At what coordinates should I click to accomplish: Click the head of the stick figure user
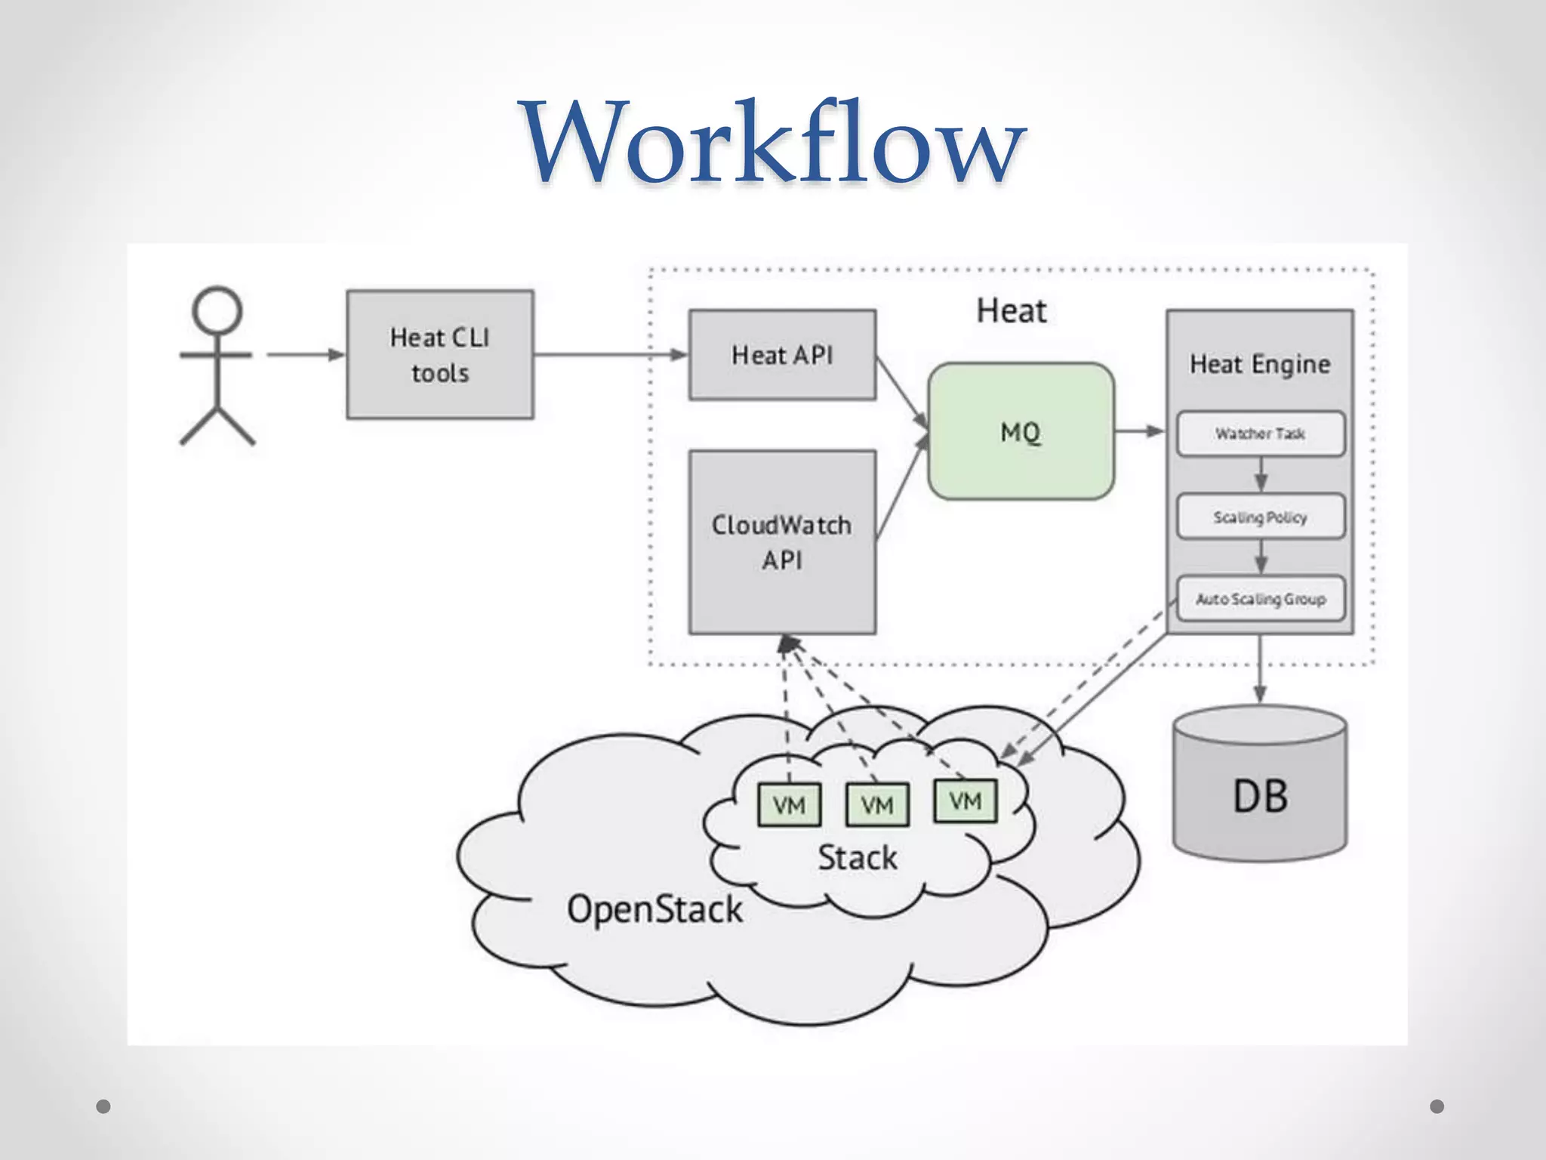(x=217, y=310)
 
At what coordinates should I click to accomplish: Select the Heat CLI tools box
(x=440, y=354)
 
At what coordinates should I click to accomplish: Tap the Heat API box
(x=782, y=354)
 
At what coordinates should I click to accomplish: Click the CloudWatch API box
(x=782, y=541)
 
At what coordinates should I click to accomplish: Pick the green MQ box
(x=1021, y=431)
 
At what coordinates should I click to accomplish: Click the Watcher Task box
(x=1260, y=433)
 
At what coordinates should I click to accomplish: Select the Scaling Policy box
(x=1260, y=517)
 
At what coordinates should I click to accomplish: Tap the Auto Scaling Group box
(x=1260, y=599)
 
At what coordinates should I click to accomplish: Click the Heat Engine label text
(x=1260, y=364)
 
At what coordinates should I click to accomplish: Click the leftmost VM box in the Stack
(x=789, y=805)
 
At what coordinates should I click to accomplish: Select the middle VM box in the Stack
(x=877, y=805)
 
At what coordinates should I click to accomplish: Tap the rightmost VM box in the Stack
(x=965, y=801)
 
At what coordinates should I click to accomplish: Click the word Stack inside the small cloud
(x=858, y=858)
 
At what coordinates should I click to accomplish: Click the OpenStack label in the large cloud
(x=654, y=909)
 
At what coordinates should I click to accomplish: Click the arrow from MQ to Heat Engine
(x=1139, y=431)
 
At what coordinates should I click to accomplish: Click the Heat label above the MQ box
(x=1011, y=311)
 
